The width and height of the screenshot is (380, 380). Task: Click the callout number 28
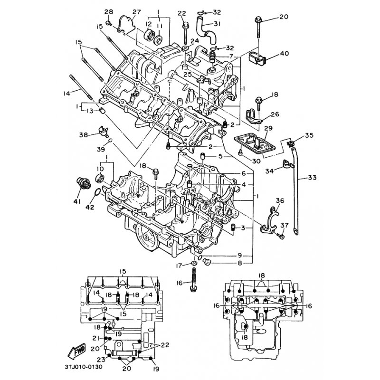(x=108, y=12)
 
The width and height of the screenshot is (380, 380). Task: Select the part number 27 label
(x=123, y=12)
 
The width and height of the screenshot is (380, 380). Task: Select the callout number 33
(x=312, y=178)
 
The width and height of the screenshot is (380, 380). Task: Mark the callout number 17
(x=180, y=266)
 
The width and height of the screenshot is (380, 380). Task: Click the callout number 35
(x=309, y=136)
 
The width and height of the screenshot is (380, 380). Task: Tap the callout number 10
(x=100, y=169)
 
